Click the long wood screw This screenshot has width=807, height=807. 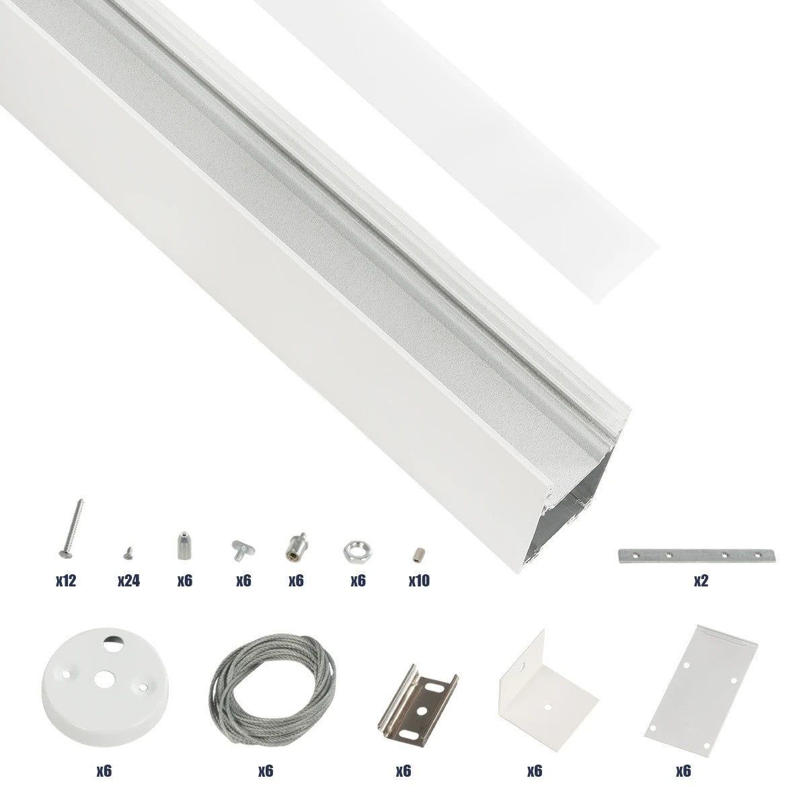pyautogui.click(x=70, y=529)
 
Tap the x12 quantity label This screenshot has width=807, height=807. pyautogui.click(x=66, y=580)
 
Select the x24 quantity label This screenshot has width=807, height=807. pyautogui.click(x=128, y=580)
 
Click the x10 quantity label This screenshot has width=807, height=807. pyautogui.click(x=418, y=580)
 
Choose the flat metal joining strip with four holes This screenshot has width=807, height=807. pyautogui.click(x=697, y=555)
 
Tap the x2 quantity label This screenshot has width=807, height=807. pyautogui.click(x=701, y=580)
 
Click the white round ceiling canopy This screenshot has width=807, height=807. pyautogui.click(x=104, y=679)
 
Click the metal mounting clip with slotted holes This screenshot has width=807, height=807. pyautogui.click(x=418, y=699)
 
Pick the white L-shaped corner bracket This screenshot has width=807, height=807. pyautogui.click(x=546, y=683)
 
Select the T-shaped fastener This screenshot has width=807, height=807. pyautogui.click(x=241, y=549)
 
